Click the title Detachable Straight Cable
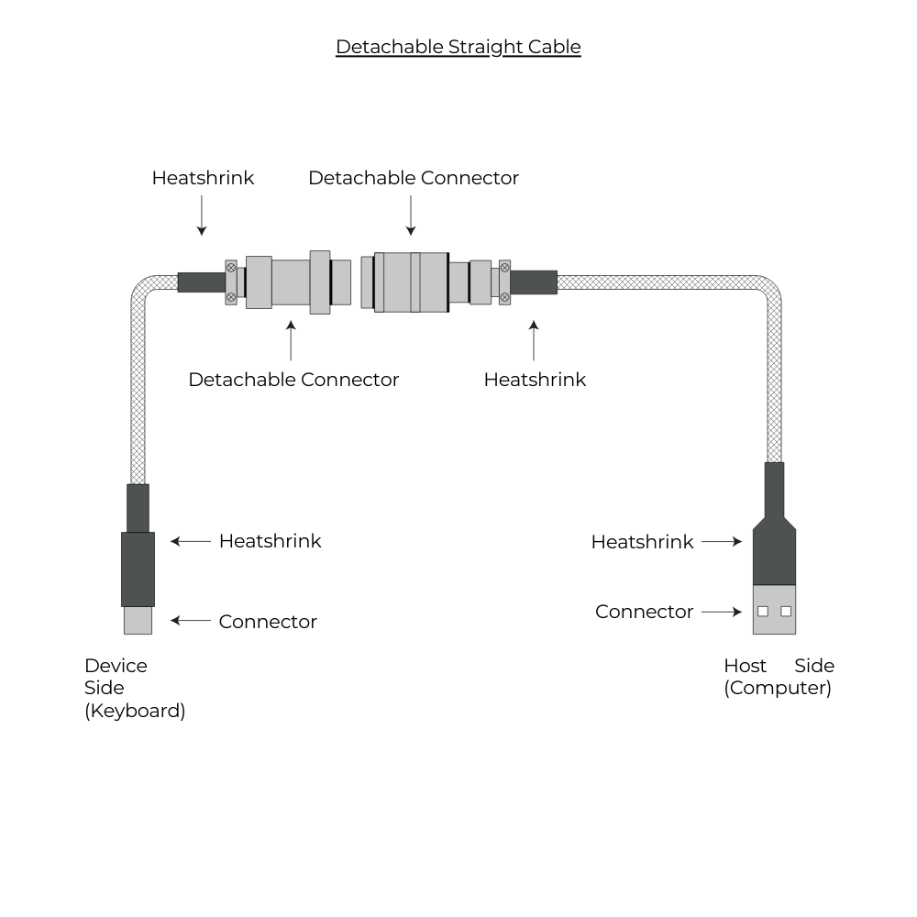coord(458,47)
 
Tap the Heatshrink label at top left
coord(203,178)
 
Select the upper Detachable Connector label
coord(413,178)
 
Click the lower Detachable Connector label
coord(293,380)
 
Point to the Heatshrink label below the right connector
coord(535,380)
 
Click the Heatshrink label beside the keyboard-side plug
coord(270,541)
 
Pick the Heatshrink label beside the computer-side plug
coord(642,542)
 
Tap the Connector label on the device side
coord(268,622)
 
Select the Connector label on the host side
coord(644,612)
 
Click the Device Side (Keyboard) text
coord(134,688)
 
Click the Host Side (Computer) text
coord(779,677)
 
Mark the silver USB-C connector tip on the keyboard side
coord(138,621)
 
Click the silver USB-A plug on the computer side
coord(775,610)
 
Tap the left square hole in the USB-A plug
coord(763,611)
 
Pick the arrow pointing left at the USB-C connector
coord(191,621)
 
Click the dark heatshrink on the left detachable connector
coord(201,282)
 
